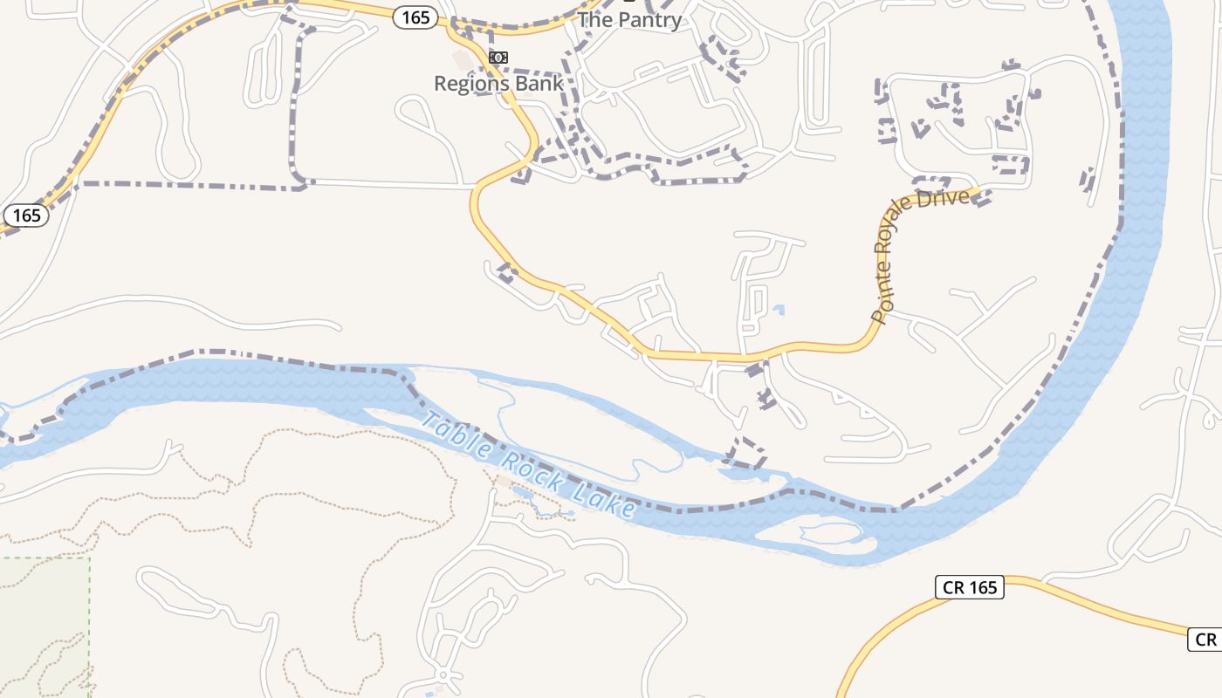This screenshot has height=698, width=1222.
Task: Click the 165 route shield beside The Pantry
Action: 415,17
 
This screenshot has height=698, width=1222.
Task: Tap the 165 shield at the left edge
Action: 26,215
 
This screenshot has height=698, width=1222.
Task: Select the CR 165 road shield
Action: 970,587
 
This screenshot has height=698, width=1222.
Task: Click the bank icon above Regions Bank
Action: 498,58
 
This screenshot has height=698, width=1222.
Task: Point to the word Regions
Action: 470,84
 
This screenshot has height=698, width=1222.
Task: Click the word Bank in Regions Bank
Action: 537,84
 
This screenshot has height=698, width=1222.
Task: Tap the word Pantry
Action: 649,20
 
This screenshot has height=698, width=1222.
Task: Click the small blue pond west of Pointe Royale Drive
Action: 779,309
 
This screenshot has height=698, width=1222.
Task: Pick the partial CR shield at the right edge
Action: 1205,640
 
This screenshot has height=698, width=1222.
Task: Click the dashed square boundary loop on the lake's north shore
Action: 746,455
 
